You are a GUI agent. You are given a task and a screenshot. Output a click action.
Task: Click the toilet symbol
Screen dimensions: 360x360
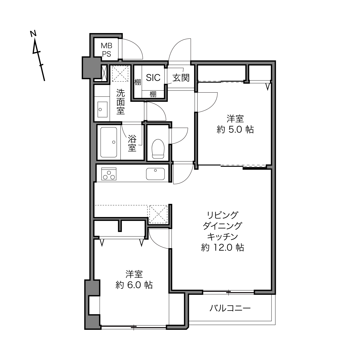(x=158, y=149)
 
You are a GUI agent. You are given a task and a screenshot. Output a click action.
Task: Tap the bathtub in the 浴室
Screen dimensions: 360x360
(x=109, y=142)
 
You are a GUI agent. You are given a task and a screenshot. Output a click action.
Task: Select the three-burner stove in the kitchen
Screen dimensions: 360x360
(x=109, y=174)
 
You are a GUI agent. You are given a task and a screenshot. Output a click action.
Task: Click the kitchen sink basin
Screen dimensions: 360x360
(x=156, y=174)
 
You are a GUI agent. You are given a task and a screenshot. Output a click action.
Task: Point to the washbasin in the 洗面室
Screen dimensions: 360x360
(x=102, y=110)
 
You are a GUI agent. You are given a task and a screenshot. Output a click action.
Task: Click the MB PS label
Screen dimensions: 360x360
(x=106, y=50)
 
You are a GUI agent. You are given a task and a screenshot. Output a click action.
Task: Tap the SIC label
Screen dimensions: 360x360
(x=153, y=78)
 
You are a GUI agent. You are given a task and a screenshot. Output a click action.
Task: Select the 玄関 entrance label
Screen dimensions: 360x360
(x=181, y=78)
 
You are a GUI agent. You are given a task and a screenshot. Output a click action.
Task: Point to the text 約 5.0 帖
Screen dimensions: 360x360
(x=235, y=129)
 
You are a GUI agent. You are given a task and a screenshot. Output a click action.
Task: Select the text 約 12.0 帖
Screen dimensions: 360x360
(x=223, y=248)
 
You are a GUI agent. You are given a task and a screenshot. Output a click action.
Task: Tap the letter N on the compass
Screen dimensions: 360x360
(x=33, y=34)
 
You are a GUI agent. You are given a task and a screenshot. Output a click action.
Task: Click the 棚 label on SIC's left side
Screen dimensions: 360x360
(x=138, y=82)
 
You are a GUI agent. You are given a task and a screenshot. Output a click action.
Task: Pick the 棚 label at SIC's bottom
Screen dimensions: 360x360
(x=153, y=94)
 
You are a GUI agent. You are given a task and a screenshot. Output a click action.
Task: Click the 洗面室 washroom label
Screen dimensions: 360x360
(x=120, y=102)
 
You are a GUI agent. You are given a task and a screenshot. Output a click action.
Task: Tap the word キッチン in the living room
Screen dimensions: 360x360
(x=223, y=237)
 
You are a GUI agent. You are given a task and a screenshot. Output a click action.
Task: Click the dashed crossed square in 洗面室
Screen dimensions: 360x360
(x=120, y=73)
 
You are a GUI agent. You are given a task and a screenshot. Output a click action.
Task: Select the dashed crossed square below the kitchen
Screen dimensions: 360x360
(x=158, y=214)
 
